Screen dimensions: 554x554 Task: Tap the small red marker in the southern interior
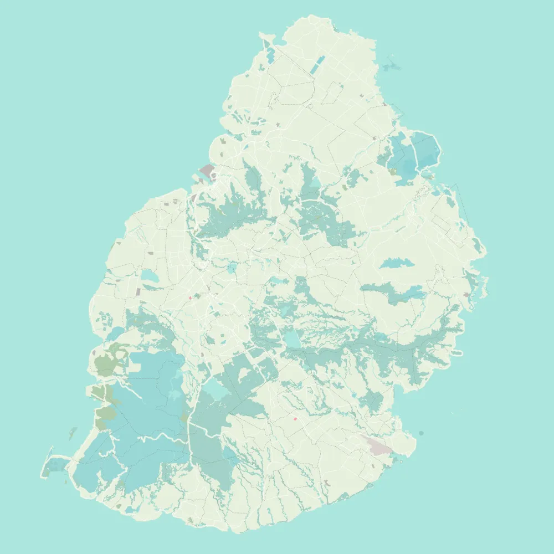coord(295,419)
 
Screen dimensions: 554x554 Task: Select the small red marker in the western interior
coord(190,298)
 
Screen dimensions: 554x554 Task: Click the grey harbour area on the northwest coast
coord(207,170)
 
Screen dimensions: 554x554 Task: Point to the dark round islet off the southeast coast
coord(421,433)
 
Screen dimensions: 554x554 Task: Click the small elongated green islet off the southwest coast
coord(73,433)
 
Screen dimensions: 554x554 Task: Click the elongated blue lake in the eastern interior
coord(397,263)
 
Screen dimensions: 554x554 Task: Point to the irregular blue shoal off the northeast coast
coord(391,66)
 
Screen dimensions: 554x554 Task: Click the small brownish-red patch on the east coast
coord(466,294)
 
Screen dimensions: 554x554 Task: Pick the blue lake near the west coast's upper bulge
coord(148,276)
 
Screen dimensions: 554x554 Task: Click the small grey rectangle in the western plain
coord(138,291)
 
